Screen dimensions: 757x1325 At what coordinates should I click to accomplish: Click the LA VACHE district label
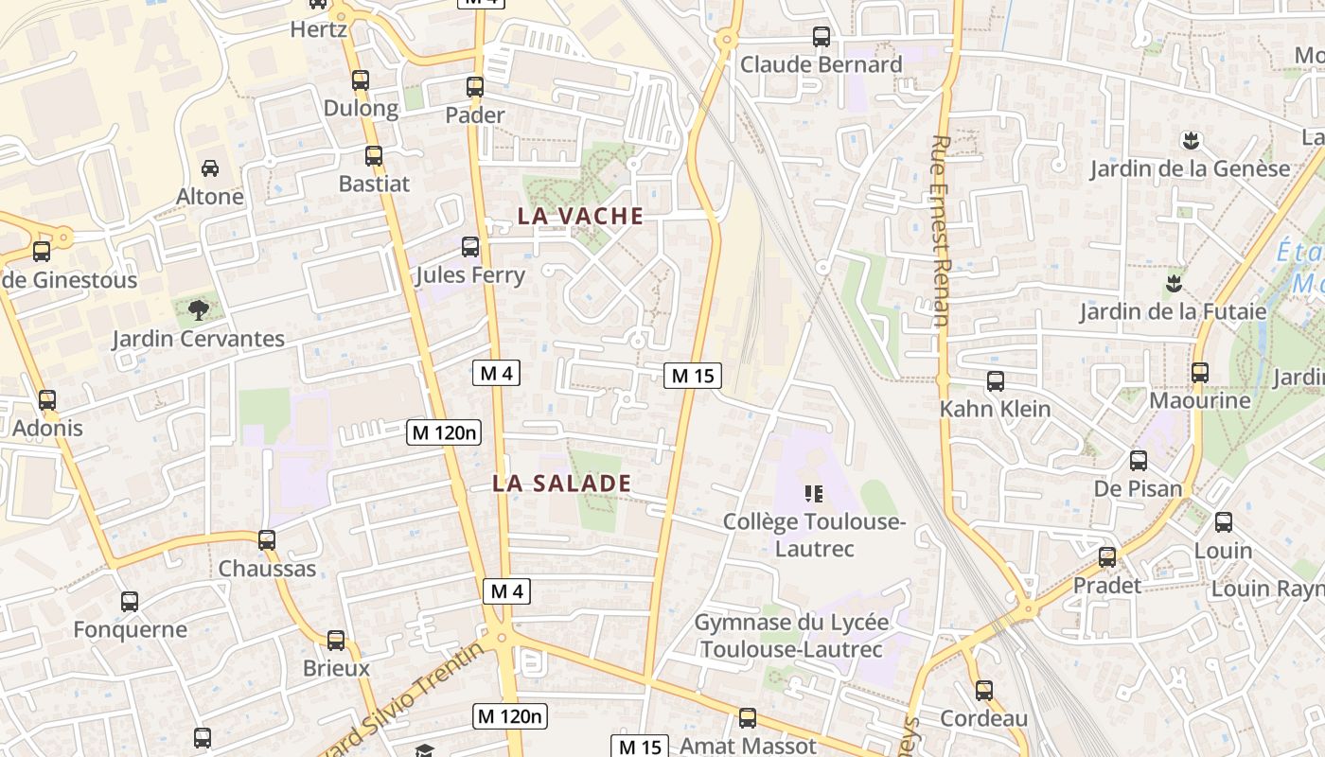[x=580, y=216]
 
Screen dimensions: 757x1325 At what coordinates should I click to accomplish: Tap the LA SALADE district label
[x=561, y=484]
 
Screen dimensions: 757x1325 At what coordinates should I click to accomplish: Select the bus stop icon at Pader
[x=475, y=87]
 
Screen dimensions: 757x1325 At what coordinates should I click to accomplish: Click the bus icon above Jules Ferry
[x=469, y=247]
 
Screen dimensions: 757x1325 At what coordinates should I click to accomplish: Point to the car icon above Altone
[x=210, y=168]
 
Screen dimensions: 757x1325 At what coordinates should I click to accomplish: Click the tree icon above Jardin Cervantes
[x=198, y=309]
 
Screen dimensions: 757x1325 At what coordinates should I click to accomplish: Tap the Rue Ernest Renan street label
[x=940, y=231]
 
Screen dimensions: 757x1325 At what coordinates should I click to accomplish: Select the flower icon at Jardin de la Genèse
[x=1191, y=141]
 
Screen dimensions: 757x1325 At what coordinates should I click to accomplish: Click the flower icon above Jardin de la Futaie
[x=1174, y=282]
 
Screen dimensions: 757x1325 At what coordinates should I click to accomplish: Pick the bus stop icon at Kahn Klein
[x=996, y=381]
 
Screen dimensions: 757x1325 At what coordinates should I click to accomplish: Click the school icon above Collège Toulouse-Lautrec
[x=814, y=493]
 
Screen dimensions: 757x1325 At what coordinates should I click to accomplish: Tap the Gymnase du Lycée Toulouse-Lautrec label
[x=791, y=636]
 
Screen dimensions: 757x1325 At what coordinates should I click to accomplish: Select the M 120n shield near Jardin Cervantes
[x=444, y=433]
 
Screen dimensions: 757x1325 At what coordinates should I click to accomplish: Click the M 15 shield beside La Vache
[x=692, y=376]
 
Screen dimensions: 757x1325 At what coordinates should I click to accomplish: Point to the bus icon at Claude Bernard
[x=821, y=37]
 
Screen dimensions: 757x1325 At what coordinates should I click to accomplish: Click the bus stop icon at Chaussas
[x=267, y=540]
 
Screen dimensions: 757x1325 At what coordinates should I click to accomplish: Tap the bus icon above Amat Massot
[x=748, y=718]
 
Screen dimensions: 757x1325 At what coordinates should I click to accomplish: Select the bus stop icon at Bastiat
[x=374, y=156]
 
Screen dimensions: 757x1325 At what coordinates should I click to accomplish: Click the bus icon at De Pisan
[x=1139, y=461]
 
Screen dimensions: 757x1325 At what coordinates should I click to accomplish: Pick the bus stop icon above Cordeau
[x=984, y=691]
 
